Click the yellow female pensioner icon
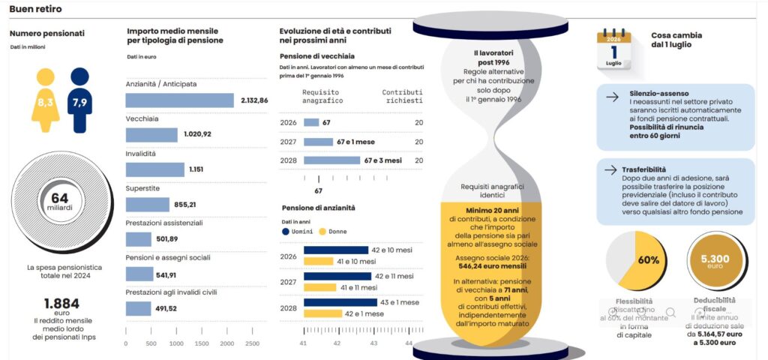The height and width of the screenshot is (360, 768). coord(45,102)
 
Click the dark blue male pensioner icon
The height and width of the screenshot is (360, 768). coord(80,102)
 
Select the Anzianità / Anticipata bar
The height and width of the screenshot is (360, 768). coord(179,100)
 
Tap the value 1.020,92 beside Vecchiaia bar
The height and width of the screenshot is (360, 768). coord(197,134)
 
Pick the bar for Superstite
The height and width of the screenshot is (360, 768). coord(148,204)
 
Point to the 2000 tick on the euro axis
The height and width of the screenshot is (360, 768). coord(226,343)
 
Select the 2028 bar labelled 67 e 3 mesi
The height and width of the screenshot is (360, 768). coord(331,160)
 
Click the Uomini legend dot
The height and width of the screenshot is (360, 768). coord(285,232)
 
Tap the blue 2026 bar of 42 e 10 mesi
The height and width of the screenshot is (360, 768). coord(335,250)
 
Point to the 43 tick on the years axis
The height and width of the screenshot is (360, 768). coord(373,343)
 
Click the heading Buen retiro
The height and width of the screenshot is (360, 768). coord(35,9)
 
